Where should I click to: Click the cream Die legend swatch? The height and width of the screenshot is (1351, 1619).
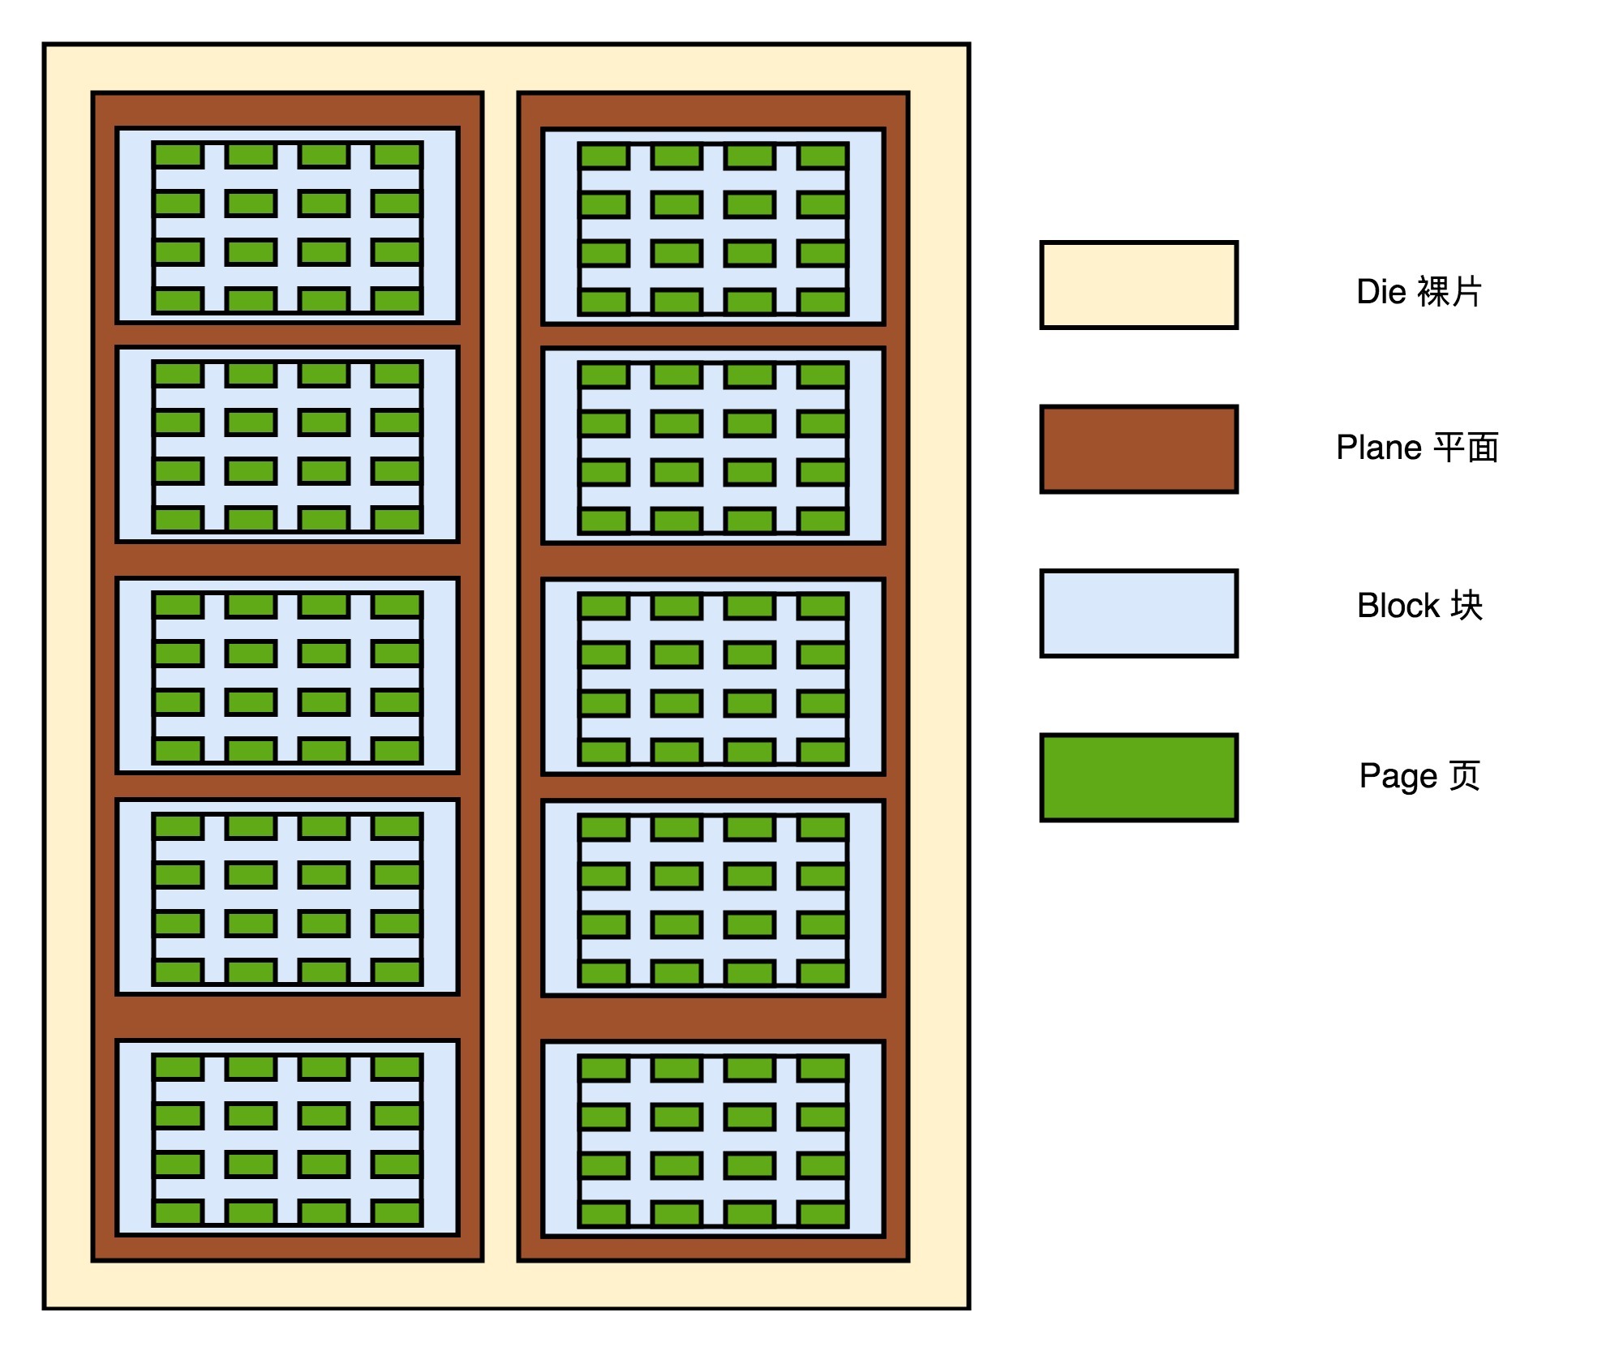click(x=1138, y=285)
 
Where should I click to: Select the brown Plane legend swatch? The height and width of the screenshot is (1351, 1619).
click(x=1138, y=448)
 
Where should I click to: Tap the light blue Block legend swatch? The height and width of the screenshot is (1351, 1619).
click(x=1138, y=613)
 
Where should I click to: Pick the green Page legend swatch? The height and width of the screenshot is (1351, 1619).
click(x=1138, y=777)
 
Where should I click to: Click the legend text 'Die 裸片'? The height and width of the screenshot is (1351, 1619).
click(x=1419, y=291)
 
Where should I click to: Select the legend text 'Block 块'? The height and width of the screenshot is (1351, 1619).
click(x=1419, y=605)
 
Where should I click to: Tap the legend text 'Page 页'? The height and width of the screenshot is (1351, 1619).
click(x=1419, y=775)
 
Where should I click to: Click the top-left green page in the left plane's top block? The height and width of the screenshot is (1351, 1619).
click(x=178, y=155)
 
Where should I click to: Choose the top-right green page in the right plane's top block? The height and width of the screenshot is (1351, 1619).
click(x=822, y=156)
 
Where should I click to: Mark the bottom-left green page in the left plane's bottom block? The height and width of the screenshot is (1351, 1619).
click(x=178, y=1212)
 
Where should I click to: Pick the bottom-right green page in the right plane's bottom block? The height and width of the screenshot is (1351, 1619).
click(x=822, y=1214)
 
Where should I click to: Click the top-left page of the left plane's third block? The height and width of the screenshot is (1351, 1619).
click(x=178, y=605)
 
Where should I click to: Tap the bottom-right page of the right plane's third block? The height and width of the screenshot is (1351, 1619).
click(x=822, y=752)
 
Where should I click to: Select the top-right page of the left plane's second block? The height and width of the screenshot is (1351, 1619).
click(x=397, y=374)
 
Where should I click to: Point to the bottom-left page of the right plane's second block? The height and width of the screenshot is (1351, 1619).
click(x=604, y=521)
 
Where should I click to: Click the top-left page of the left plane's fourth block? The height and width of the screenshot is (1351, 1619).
click(x=178, y=826)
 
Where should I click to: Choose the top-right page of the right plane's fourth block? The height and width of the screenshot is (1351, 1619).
click(x=822, y=827)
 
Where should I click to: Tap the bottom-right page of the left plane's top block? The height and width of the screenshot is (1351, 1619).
click(x=397, y=301)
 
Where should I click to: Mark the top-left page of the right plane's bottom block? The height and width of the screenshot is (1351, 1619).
click(x=604, y=1068)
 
